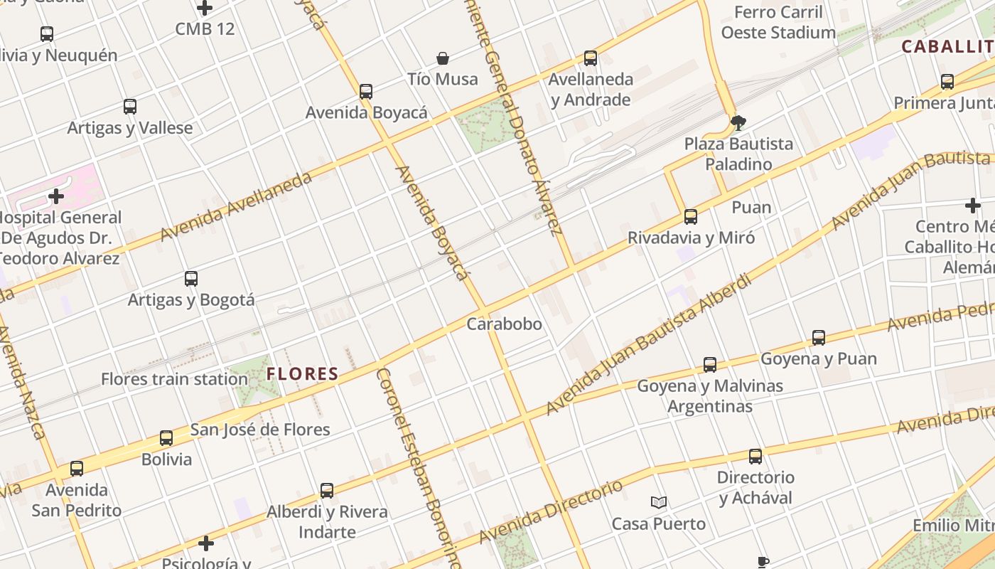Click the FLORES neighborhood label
coord(302,374)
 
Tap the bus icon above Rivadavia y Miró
coord(690,217)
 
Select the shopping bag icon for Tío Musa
coord(443,58)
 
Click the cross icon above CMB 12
coord(205,9)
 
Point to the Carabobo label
coord(504,324)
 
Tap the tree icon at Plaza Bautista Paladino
coord(738,122)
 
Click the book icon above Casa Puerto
coord(659,503)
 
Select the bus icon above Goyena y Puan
coord(819,338)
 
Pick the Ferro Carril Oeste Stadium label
coord(778,22)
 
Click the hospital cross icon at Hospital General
coord(56,196)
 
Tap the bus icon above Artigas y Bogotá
coord(190,279)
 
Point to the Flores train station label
coord(174,379)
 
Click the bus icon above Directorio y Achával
coord(755,457)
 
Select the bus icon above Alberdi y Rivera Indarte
coord(327,491)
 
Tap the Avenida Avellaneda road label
coord(236,206)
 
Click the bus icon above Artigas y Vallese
coord(129,107)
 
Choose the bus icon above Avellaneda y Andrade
coord(590,58)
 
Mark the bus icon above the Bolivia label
coord(166,438)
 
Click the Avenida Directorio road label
coord(552,511)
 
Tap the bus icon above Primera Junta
coord(947,82)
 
